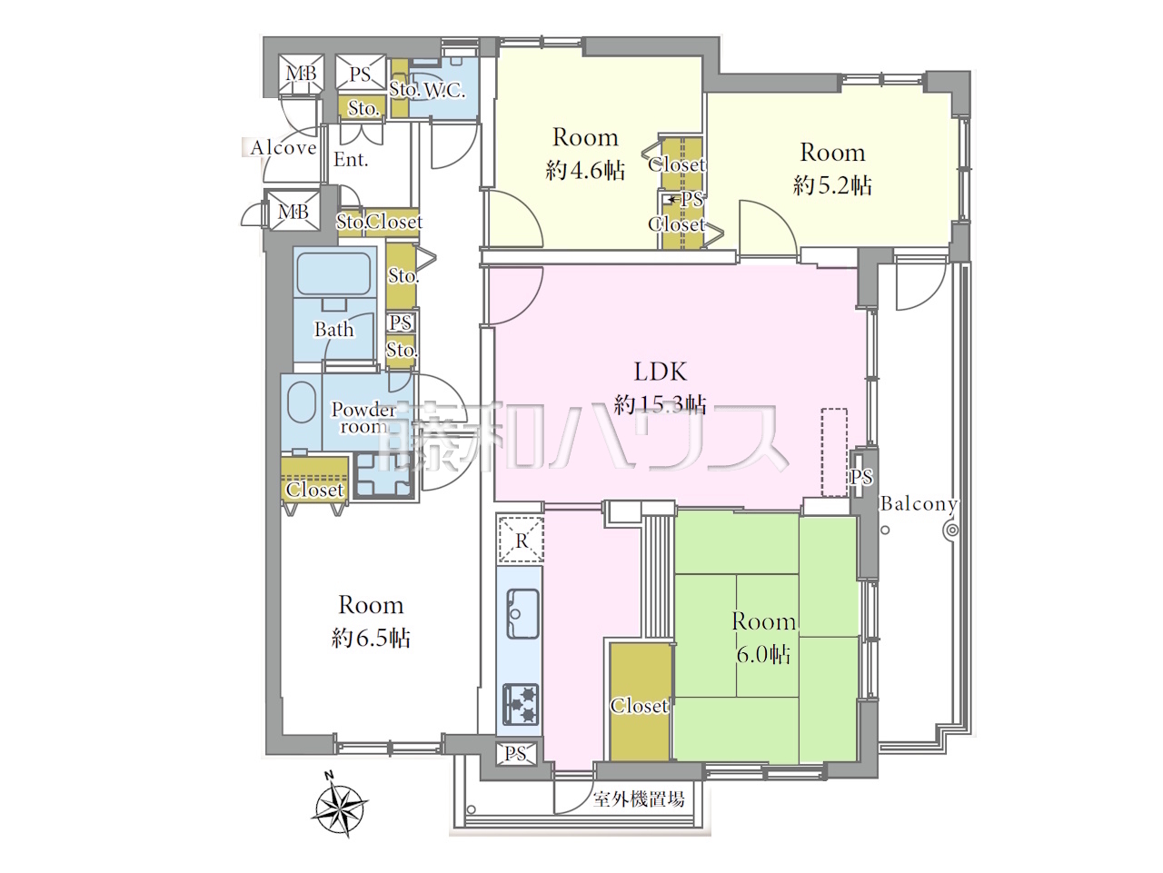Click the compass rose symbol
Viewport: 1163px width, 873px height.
point(340,809)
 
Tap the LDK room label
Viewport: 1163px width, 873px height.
point(661,372)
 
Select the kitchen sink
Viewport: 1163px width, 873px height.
point(522,614)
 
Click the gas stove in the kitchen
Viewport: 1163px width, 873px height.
point(521,705)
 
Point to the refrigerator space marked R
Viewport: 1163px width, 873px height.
point(522,540)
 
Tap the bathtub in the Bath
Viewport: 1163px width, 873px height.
point(333,273)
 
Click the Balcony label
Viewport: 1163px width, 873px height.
point(919,503)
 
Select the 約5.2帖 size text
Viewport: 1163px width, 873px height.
point(832,185)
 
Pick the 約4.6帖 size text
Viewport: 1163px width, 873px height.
point(585,171)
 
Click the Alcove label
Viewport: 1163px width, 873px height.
point(283,148)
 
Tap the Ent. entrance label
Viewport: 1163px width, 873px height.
point(350,160)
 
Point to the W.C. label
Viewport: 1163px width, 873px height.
point(444,91)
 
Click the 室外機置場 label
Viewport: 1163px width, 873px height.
point(639,799)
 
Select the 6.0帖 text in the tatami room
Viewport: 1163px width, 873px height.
point(763,655)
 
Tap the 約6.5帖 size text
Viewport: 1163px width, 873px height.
point(371,639)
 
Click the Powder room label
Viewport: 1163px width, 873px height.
point(363,417)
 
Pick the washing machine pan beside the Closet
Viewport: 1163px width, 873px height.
point(383,476)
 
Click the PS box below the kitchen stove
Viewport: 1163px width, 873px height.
point(516,753)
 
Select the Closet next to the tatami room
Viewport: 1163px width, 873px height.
point(640,701)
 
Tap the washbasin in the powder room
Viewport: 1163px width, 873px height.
point(302,403)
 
